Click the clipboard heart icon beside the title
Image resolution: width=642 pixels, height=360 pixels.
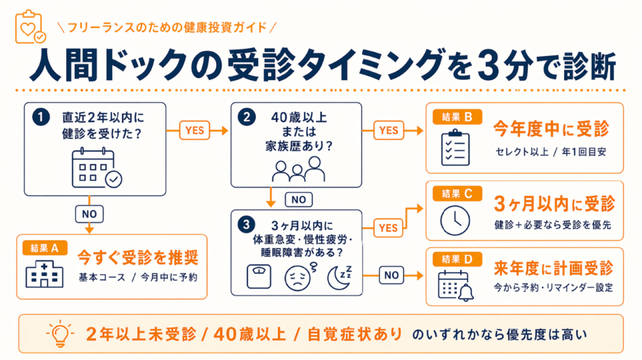pyautogui.click(x=28, y=28)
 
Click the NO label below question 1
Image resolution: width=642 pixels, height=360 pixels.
pyautogui.click(x=90, y=213)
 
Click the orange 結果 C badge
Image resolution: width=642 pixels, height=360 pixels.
pyautogui.click(x=458, y=193)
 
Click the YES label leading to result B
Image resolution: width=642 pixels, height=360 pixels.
pyautogui.click(x=389, y=130)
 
